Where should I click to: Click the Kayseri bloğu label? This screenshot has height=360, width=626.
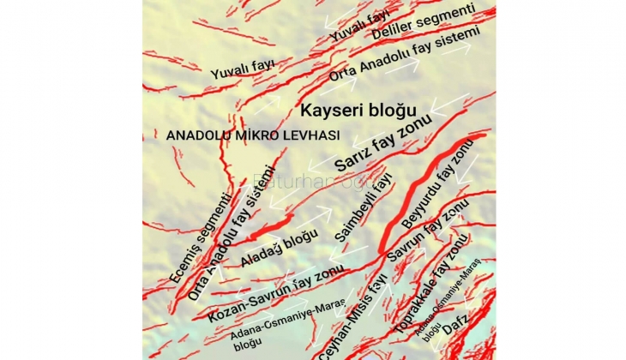[x=358, y=111]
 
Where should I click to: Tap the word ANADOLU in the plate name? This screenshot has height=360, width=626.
[x=194, y=135]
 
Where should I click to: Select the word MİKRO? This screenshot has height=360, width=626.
[x=256, y=135]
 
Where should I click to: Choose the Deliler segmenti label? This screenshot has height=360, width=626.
[x=424, y=21]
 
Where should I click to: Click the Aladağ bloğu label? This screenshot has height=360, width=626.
[x=274, y=248]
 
